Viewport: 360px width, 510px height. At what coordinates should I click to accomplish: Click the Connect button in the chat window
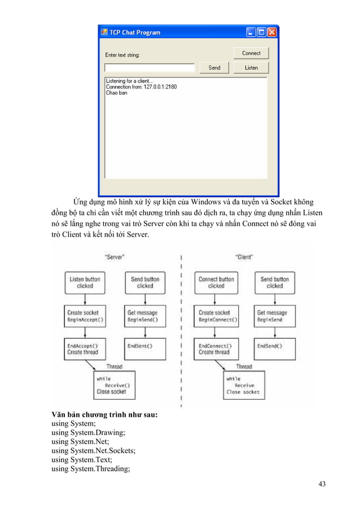tap(251, 53)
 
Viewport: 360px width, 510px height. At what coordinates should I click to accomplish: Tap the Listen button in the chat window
tap(251, 68)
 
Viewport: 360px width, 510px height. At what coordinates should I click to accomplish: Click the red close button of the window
tap(271, 33)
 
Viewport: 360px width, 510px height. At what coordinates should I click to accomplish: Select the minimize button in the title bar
tap(251, 33)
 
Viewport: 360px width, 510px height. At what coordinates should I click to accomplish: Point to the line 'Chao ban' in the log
tap(116, 93)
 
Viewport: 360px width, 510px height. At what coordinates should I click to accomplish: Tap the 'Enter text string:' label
tap(122, 55)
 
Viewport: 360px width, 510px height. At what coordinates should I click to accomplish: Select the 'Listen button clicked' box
tap(85, 282)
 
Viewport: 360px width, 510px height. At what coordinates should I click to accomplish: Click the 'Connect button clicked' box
tap(216, 282)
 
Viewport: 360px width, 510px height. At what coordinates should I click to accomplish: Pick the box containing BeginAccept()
tap(85, 316)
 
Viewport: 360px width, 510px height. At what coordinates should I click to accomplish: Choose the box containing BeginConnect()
tap(216, 316)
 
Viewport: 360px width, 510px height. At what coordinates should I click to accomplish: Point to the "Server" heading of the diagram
tap(115, 257)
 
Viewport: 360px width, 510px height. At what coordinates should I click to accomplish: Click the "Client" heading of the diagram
tap(244, 257)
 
